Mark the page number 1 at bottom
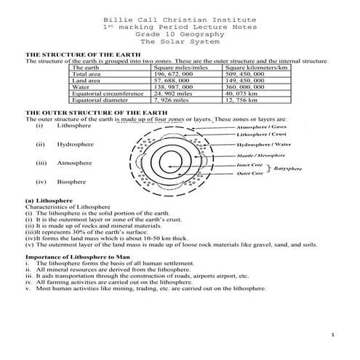coord(331,335)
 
